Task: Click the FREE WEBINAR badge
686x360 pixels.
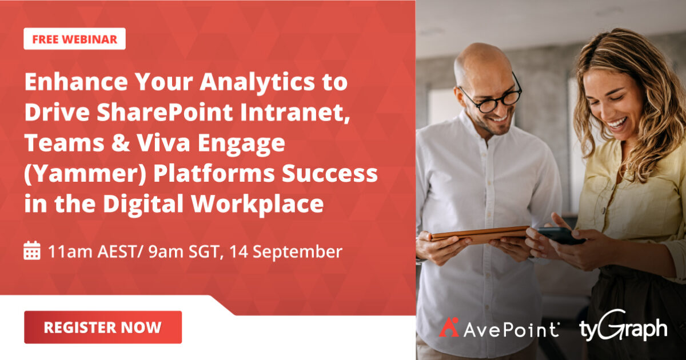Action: (x=74, y=39)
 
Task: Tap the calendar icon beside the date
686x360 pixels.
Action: (x=32, y=251)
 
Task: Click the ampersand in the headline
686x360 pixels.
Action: (x=107, y=143)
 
